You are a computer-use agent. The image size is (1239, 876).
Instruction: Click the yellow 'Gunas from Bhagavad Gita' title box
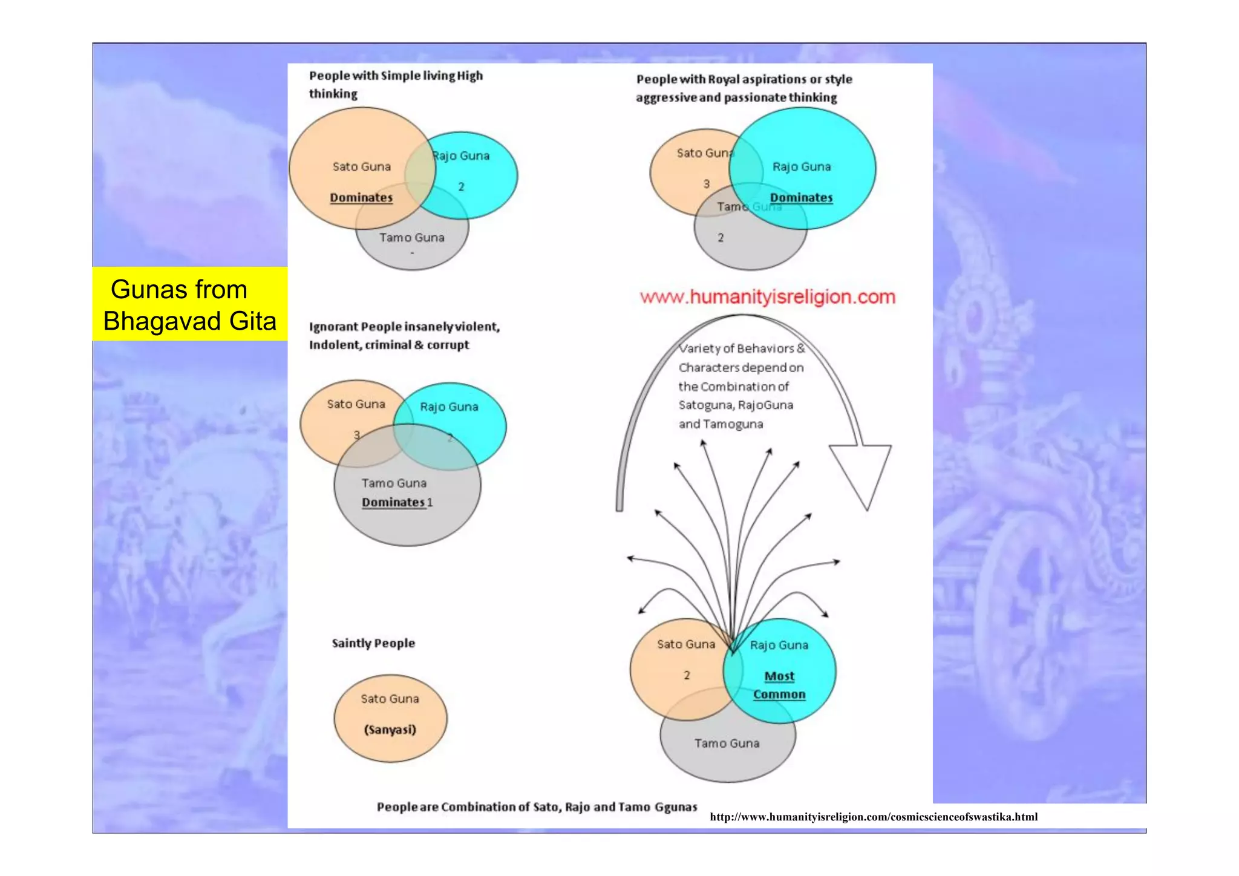click(189, 304)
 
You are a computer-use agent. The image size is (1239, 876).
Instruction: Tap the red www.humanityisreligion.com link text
click(767, 297)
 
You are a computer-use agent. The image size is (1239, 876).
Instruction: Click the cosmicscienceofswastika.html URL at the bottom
click(873, 817)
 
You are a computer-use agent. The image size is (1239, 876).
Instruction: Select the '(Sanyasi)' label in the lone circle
click(390, 730)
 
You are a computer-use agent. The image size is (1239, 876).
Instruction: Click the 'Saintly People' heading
click(373, 643)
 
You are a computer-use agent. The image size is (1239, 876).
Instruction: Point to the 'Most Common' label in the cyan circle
click(779, 685)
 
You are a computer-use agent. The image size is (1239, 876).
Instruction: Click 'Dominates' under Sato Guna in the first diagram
click(361, 197)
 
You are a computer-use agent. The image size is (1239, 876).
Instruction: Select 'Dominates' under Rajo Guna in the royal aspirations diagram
click(801, 197)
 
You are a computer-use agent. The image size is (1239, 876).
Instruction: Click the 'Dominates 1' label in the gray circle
click(397, 502)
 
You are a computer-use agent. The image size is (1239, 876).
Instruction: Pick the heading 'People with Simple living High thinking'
click(396, 84)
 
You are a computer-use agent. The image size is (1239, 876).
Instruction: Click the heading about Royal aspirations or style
click(744, 88)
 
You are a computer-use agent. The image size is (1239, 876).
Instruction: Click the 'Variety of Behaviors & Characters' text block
click(740, 386)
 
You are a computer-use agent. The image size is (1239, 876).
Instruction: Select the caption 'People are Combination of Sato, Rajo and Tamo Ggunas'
click(537, 807)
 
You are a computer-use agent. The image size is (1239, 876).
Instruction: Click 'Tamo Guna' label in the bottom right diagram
click(727, 744)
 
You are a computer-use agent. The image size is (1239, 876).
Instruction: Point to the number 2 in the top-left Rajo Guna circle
click(461, 186)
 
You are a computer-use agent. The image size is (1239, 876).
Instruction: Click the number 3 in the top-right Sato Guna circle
click(706, 183)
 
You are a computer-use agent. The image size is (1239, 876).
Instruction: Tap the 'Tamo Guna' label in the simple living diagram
click(411, 238)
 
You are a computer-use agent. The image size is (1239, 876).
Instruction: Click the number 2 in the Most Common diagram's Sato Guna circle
click(687, 675)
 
